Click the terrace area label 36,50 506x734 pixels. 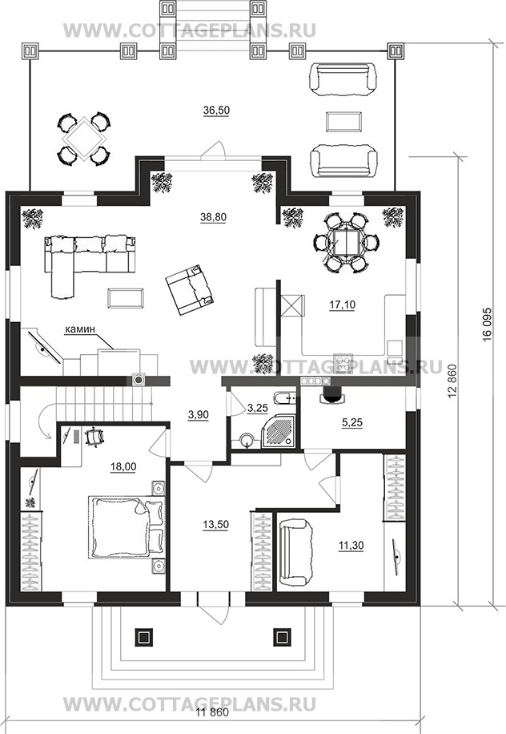coord(216,110)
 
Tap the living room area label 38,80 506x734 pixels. coord(213,217)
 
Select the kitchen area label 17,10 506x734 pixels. coord(342,304)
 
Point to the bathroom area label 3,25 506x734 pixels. coord(257,408)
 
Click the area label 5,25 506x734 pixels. coord(351,422)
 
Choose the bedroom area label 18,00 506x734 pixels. coord(123,466)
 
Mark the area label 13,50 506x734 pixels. coord(215,524)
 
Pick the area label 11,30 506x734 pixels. coord(351,546)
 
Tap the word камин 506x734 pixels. coord(80,329)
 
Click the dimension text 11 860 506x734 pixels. coord(212,725)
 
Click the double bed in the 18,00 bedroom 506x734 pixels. coord(127,527)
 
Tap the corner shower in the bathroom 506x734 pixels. coord(279,430)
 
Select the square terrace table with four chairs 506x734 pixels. coord(84,139)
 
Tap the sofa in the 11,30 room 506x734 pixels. coord(295,552)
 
